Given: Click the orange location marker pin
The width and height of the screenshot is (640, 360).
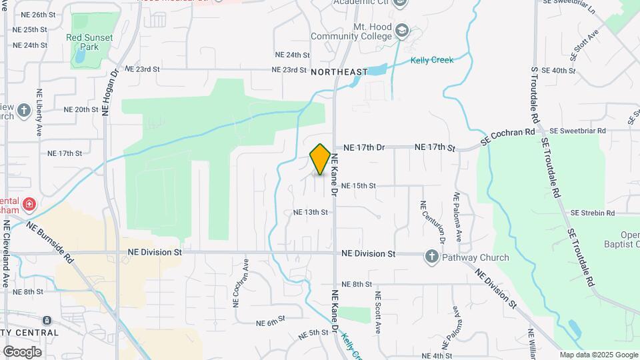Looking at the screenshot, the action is [320, 159].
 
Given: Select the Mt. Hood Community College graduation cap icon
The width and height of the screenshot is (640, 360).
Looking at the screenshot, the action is [402, 30].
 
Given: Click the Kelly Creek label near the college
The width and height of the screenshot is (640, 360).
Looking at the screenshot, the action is [431, 60].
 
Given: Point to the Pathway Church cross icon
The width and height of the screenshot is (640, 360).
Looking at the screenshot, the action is [431, 257].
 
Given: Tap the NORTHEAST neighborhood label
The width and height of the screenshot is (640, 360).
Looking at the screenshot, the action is [339, 71].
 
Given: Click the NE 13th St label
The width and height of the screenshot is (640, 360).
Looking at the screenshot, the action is [311, 213].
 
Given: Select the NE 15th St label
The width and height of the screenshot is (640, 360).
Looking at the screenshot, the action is [359, 186].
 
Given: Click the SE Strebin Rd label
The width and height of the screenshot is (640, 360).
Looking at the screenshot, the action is [592, 213].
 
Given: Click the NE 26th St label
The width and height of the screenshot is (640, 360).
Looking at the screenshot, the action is [38, 14].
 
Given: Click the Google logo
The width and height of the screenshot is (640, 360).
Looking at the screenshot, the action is [22, 351].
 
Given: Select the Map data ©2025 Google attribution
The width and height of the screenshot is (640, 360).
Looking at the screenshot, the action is [599, 355].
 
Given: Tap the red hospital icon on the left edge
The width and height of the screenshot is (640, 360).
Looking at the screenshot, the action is [29, 203].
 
